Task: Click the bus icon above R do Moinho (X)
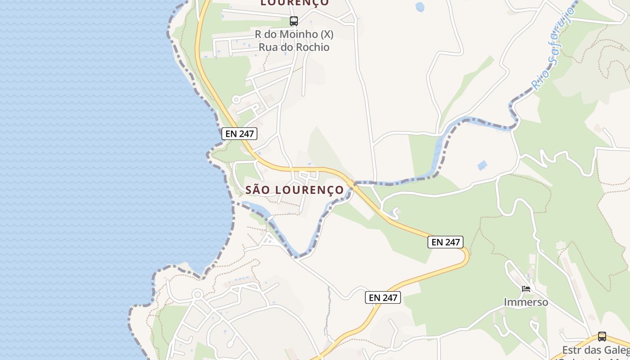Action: [x=294, y=21]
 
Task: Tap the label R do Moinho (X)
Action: [x=294, y=34]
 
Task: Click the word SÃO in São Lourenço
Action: [x=258, y=190]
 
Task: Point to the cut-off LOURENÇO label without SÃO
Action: [x=295, y=3]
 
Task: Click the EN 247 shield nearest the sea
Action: [x=239, y=134]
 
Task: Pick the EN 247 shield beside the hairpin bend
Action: [x=445, y=242]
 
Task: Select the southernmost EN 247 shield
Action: [x=382, y=297]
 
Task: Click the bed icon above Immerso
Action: [x=526, y=289]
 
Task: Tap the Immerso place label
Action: [x=526, y=302]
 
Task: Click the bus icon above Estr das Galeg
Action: [x=602, y=336]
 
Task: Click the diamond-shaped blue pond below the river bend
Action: [x=482, y=165]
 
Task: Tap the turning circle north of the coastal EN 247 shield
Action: [x=235, y=99]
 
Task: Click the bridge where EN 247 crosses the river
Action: [x=352, y=184]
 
